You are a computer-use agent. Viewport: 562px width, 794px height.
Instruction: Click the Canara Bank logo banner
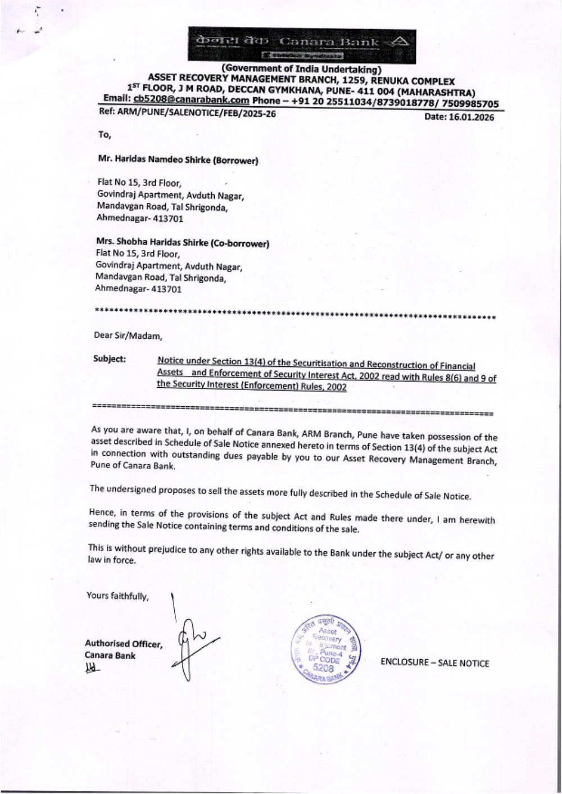click(x=302, y=45)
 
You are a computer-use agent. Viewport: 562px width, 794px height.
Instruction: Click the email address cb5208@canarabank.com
click(x=191, y=100)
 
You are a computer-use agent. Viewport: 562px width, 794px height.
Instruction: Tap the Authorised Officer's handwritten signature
click(x=194, y=641)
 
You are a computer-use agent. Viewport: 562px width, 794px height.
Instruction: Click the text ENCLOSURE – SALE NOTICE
click(x=434, y=663)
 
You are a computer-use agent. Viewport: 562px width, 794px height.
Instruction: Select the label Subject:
click(x=110, y=359)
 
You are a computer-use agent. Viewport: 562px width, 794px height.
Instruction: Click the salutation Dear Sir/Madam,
click(x=128, y=336)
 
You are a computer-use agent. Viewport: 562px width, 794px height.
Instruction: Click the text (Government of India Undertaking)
click(x=302, y=70)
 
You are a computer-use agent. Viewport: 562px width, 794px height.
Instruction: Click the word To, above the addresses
click(x=105, y=135)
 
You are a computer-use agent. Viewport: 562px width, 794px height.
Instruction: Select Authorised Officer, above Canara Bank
click(x=123, y=644)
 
